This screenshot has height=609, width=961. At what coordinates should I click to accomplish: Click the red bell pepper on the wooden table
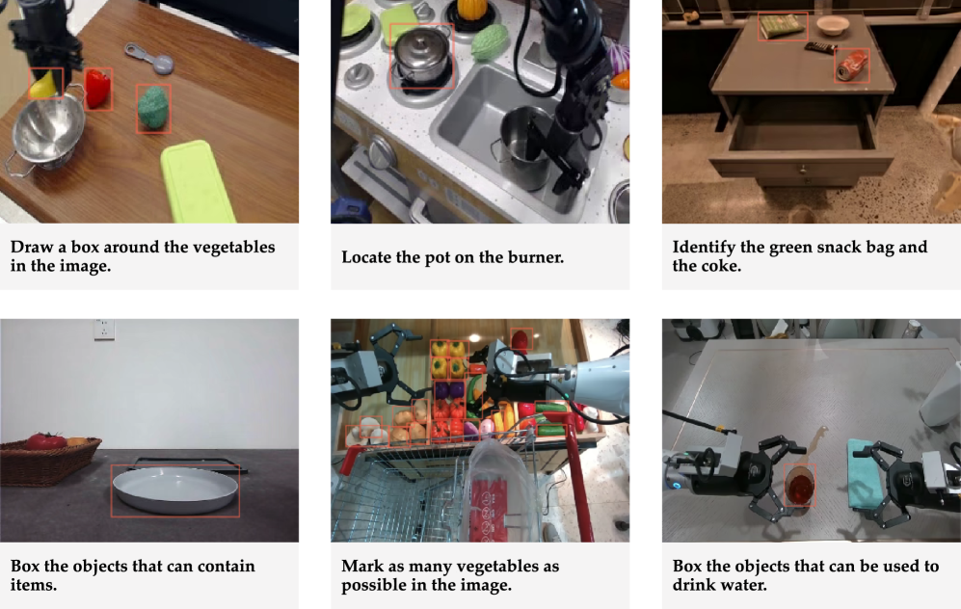[98, 89]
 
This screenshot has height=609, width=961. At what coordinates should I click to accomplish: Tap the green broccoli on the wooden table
[152, 108]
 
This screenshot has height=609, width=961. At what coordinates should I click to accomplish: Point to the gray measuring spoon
[149, 57]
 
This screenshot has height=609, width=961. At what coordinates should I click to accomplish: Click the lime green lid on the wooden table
[198, 181]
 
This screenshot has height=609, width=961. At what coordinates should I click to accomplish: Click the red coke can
[852, 65]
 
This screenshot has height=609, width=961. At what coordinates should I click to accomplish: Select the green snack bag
[782, 26]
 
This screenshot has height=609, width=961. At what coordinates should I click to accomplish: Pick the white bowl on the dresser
[833, 24]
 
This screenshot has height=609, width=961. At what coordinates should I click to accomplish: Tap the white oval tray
[175, 490]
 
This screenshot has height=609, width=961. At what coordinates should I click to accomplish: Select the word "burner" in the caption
[536, 256]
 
